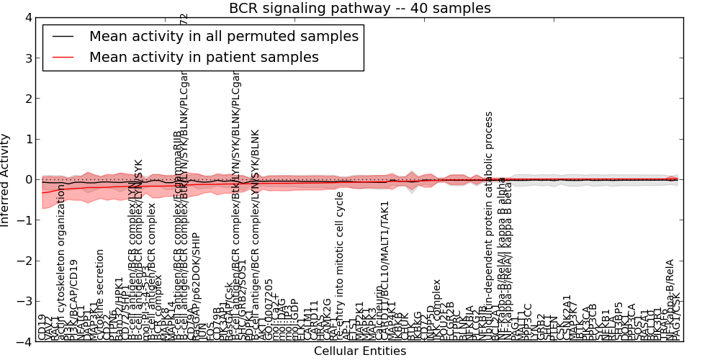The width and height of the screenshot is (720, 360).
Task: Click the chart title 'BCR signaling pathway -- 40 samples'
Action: (x=360, y=9)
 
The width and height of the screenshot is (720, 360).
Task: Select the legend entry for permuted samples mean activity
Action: (x=223, y=37)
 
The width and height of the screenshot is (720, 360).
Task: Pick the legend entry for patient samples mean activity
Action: (x=204, y=57)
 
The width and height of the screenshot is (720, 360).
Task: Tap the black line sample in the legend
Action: (x=62, y=37)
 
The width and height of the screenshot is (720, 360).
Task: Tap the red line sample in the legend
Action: (x=62, y=57)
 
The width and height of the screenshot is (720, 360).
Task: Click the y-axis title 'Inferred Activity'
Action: (x=6, y=180)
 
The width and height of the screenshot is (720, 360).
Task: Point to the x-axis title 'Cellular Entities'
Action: (x=360, y=351)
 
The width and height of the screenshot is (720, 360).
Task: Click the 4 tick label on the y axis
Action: (x=28, y=17)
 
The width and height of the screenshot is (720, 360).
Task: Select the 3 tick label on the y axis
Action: (x=28, y=58)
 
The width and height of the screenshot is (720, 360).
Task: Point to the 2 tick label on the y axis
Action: (x=28, y=99)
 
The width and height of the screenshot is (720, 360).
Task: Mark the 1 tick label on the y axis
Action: (x=28, y=139)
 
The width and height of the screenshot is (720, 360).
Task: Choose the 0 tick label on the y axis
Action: (x=28, y=180)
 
